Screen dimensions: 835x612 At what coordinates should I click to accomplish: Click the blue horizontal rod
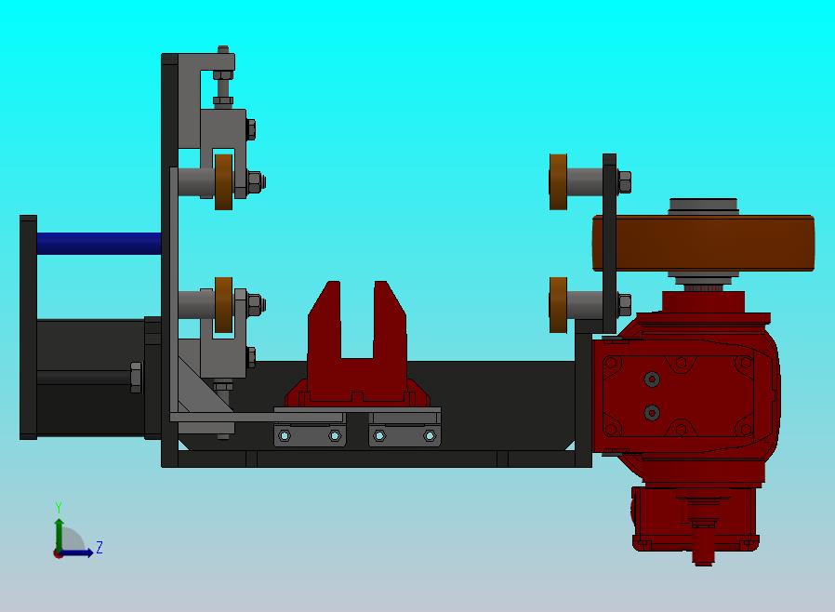(x=99, y=244)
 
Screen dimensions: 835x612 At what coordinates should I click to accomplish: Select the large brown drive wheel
(x=703, y=243)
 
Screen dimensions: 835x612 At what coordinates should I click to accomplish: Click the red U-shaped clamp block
(x=357, y=343)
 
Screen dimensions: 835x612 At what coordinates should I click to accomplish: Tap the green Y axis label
(x=59, y=507)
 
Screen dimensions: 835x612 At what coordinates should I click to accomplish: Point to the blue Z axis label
(x=99, y=547)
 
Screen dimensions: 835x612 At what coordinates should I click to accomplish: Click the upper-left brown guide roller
(x=224, y=182)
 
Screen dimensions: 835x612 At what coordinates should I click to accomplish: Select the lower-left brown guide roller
(x=224, y=305)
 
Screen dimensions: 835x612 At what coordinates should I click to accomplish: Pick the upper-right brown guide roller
(x=558, y=182)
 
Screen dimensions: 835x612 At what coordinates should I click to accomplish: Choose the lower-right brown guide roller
(x=558, y=305)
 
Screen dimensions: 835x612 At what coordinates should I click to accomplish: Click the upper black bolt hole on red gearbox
(x=652, y=379)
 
